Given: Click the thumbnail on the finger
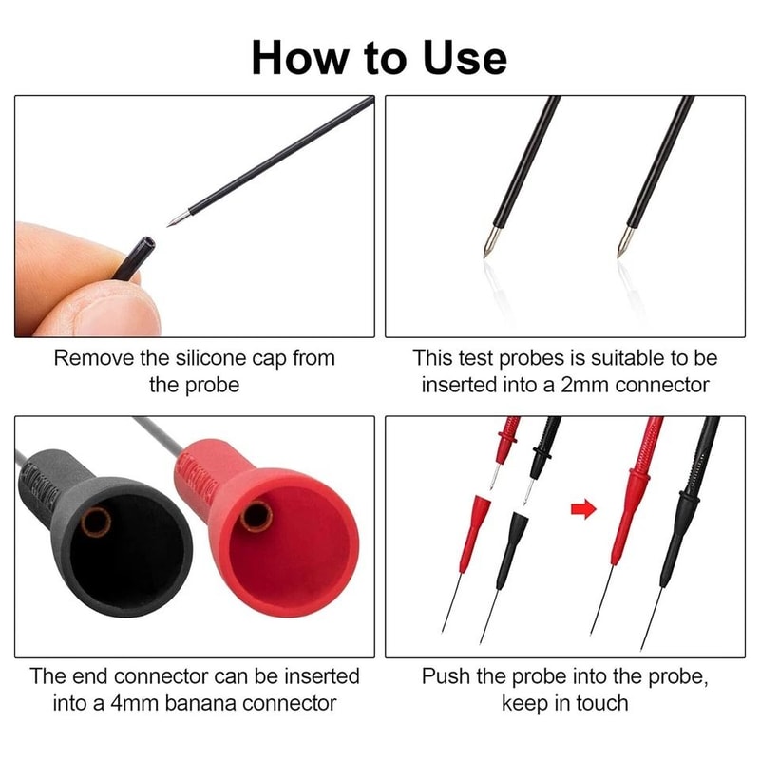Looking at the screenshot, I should pos(106,306).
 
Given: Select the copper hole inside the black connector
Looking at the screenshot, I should pos(97,522).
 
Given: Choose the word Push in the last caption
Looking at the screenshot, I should pos(446,676).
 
